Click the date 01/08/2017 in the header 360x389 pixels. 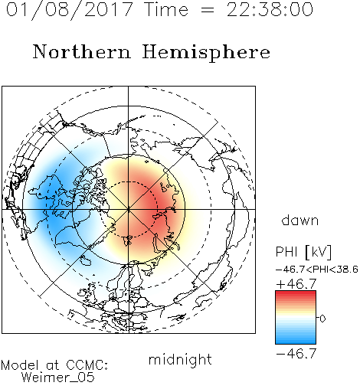(70, 10)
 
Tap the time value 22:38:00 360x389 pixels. (270, 9)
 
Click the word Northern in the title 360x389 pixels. (82, 52)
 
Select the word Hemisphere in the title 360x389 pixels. (206, 53)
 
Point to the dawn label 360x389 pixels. (300, 221)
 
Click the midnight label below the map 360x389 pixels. (180, 360)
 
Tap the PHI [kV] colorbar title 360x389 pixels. (303, 252)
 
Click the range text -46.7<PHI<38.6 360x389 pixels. (317, 270)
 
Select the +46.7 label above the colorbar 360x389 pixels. (296, 284)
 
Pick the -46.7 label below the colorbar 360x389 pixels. (296, 353)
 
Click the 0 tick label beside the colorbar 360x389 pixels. (322, 319)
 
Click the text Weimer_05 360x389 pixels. (58, 378)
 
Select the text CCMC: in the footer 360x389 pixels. (87, 365)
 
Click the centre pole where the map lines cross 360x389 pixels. (128, 209)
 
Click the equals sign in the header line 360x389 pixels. (208, 10)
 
